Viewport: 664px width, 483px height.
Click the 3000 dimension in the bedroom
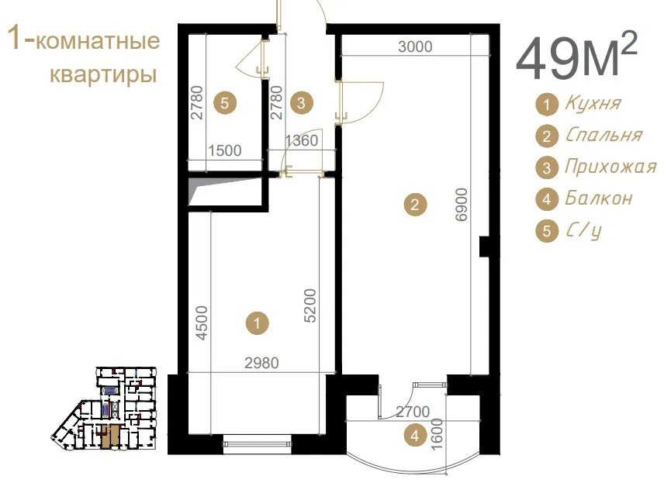[415, 47]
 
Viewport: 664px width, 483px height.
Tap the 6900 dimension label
[462, 205]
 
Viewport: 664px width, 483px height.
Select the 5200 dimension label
[310, 305]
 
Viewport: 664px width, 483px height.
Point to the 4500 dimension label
[202, 323]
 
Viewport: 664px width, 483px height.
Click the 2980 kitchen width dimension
[261, 363]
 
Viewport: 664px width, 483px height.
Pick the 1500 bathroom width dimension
[225, 150]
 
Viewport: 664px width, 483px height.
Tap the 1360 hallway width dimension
[301, 140]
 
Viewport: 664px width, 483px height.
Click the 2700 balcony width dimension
[413, 412]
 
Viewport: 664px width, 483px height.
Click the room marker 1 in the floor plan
[257, 324]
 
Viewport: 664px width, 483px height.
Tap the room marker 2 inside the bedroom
[414, 205]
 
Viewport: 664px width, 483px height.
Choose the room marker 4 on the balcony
[414, 436]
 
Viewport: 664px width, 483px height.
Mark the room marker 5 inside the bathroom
[225, 103]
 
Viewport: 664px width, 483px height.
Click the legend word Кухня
[593, 103]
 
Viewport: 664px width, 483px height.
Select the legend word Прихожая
[610, 167]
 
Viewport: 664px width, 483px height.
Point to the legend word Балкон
[599, 198]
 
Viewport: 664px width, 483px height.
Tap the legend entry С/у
[583, 231]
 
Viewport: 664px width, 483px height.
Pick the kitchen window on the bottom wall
[258, 443]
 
